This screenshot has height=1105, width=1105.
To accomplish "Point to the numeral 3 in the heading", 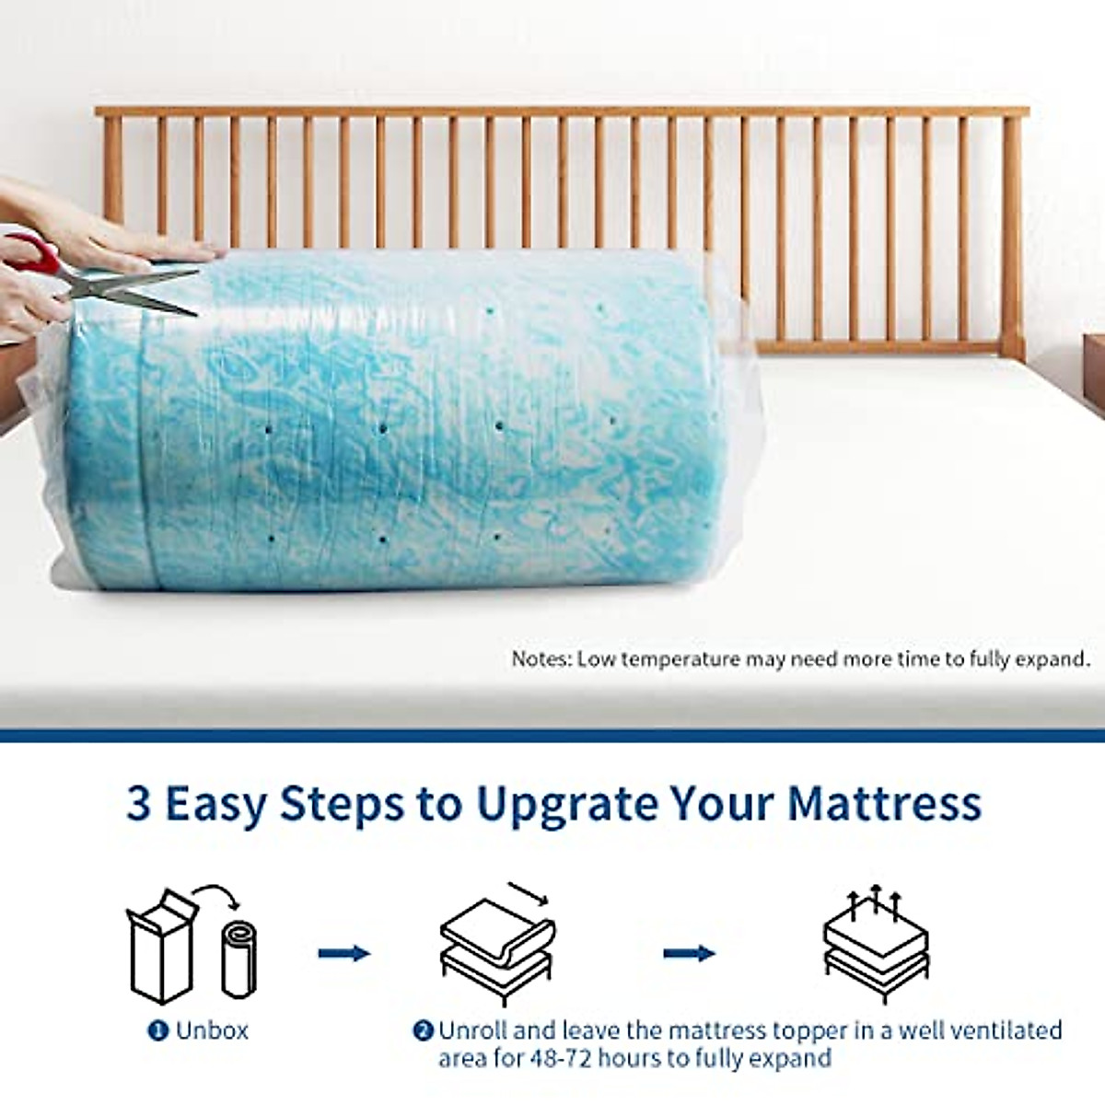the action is click(x=139, y=804).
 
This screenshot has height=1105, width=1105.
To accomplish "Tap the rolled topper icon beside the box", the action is click(x=239, y=960).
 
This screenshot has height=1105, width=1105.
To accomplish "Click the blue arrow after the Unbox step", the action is click(x=344, y=954).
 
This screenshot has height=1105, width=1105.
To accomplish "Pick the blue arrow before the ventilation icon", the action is click(x=690, y=954).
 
